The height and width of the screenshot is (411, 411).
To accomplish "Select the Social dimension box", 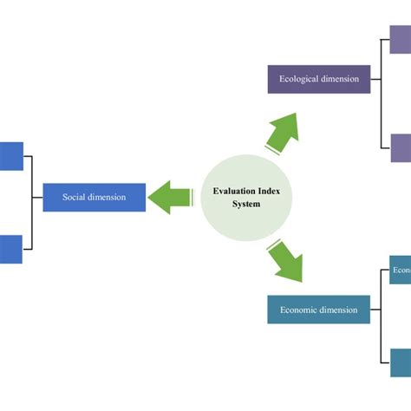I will pyautogui.click(x=94, y=198).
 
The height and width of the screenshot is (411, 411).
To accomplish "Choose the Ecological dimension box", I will pyautogui.click(x=318, y=79).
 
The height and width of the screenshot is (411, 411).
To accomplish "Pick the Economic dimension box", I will pyautogui.click(x=318, y=310).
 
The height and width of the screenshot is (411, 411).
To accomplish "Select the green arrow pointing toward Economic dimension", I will pyautogui.click(x=284, y=261).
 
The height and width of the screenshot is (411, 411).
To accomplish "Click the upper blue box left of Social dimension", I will pyautogui.click(x=11, y=156).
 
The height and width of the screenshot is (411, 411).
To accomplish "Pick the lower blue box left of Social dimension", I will pyautogui.click(x=10, y=249).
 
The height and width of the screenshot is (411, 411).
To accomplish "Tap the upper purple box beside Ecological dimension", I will pyautogui.click(x=400, y=40).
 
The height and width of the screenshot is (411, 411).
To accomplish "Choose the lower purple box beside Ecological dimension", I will pyautogui.click(x=400, y=148).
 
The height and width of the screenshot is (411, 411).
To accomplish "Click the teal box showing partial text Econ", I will pyautogui.click(x=400, y=271).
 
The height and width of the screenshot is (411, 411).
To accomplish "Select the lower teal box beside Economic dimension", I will pyautogui.click(x=400, y=362).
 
